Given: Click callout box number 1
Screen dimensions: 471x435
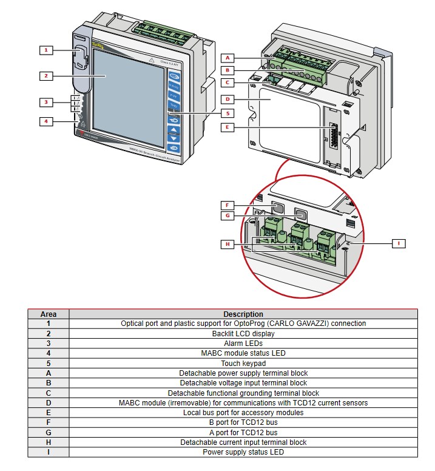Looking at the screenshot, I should pos(46,49).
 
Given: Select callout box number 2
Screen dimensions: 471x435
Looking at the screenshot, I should pos(46,76).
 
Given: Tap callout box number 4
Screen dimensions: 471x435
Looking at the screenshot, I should pos(46,121).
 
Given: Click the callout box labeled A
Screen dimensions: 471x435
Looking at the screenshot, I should pos(228,58).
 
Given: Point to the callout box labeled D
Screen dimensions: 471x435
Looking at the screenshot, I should pos(228,99).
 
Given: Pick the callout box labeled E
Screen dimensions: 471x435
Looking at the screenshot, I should pos(228,127).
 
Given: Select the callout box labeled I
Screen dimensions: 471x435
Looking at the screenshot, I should pos(399,243).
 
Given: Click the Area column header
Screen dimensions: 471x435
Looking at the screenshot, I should pos(49,314).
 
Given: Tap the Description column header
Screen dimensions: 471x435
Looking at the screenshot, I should pos(243,314).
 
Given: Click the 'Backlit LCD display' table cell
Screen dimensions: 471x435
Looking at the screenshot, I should pos(243,334).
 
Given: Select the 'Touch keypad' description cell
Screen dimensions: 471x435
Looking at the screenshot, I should pos(243,363).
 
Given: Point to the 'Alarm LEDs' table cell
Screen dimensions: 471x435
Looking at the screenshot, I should pos(243,344).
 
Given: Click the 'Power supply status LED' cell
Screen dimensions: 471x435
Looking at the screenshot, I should pos(243,452).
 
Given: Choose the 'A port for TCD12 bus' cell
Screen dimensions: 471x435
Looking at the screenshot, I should pos(243,432).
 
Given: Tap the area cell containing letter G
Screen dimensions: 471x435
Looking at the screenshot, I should pos(49,432).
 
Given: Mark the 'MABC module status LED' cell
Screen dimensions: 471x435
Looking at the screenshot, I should pos(243,353).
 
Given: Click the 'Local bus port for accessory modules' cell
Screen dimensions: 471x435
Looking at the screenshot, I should pos(243,413).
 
